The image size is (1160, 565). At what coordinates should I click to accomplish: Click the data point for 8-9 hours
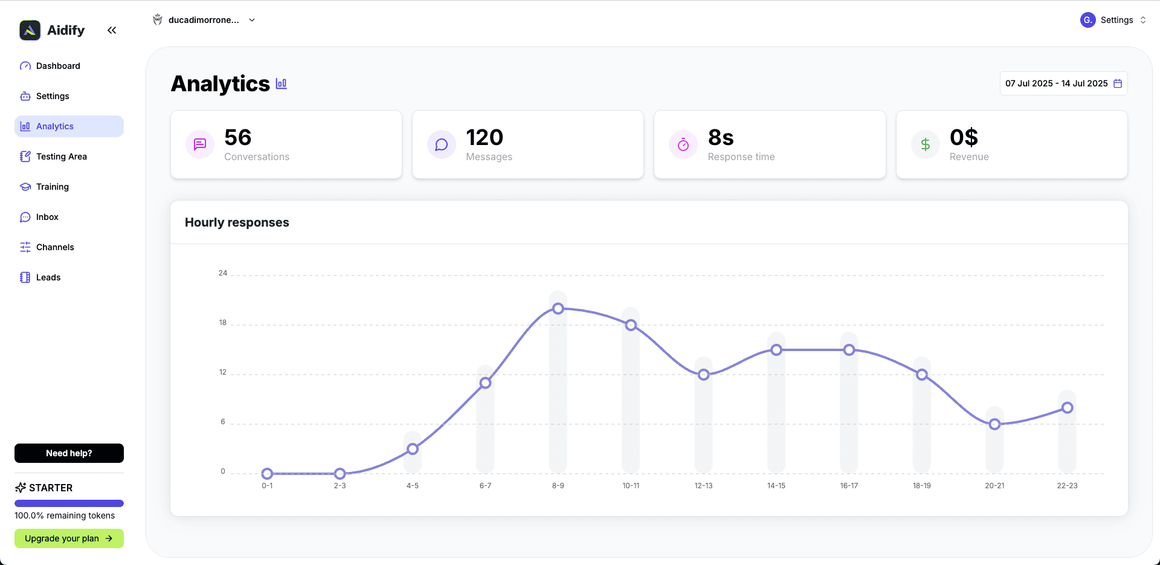coord(558,309)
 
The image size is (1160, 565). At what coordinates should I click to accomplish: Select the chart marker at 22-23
coord(1068,408)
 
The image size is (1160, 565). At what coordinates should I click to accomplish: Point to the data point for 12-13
coord(703,375)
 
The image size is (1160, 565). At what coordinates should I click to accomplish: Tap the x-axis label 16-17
coord(849,486)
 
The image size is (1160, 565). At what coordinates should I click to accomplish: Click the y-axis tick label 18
coord(223,323)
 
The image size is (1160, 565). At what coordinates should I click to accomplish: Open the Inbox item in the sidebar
coord(47,217)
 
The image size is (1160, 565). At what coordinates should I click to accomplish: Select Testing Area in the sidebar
coord(61,157)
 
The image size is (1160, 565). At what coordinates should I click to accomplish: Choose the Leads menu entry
coord(48,277)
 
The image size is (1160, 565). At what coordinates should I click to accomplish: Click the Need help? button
coord(69,453)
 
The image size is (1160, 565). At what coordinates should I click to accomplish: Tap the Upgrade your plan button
coord(69,538)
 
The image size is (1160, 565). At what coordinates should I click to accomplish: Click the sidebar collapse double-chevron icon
coord(112,30)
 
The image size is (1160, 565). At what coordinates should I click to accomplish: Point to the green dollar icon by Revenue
coord(925,144)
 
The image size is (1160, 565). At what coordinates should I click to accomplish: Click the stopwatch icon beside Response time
coord(683,144)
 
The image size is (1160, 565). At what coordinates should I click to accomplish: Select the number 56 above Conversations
coord(237,138)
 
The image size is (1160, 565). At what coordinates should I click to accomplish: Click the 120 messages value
coord(485,138)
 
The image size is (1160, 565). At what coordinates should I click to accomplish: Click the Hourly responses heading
coord(237,222)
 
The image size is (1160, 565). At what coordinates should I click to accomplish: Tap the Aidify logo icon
coord(30,30)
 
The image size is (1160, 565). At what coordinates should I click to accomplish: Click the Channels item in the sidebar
coord(55,247)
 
